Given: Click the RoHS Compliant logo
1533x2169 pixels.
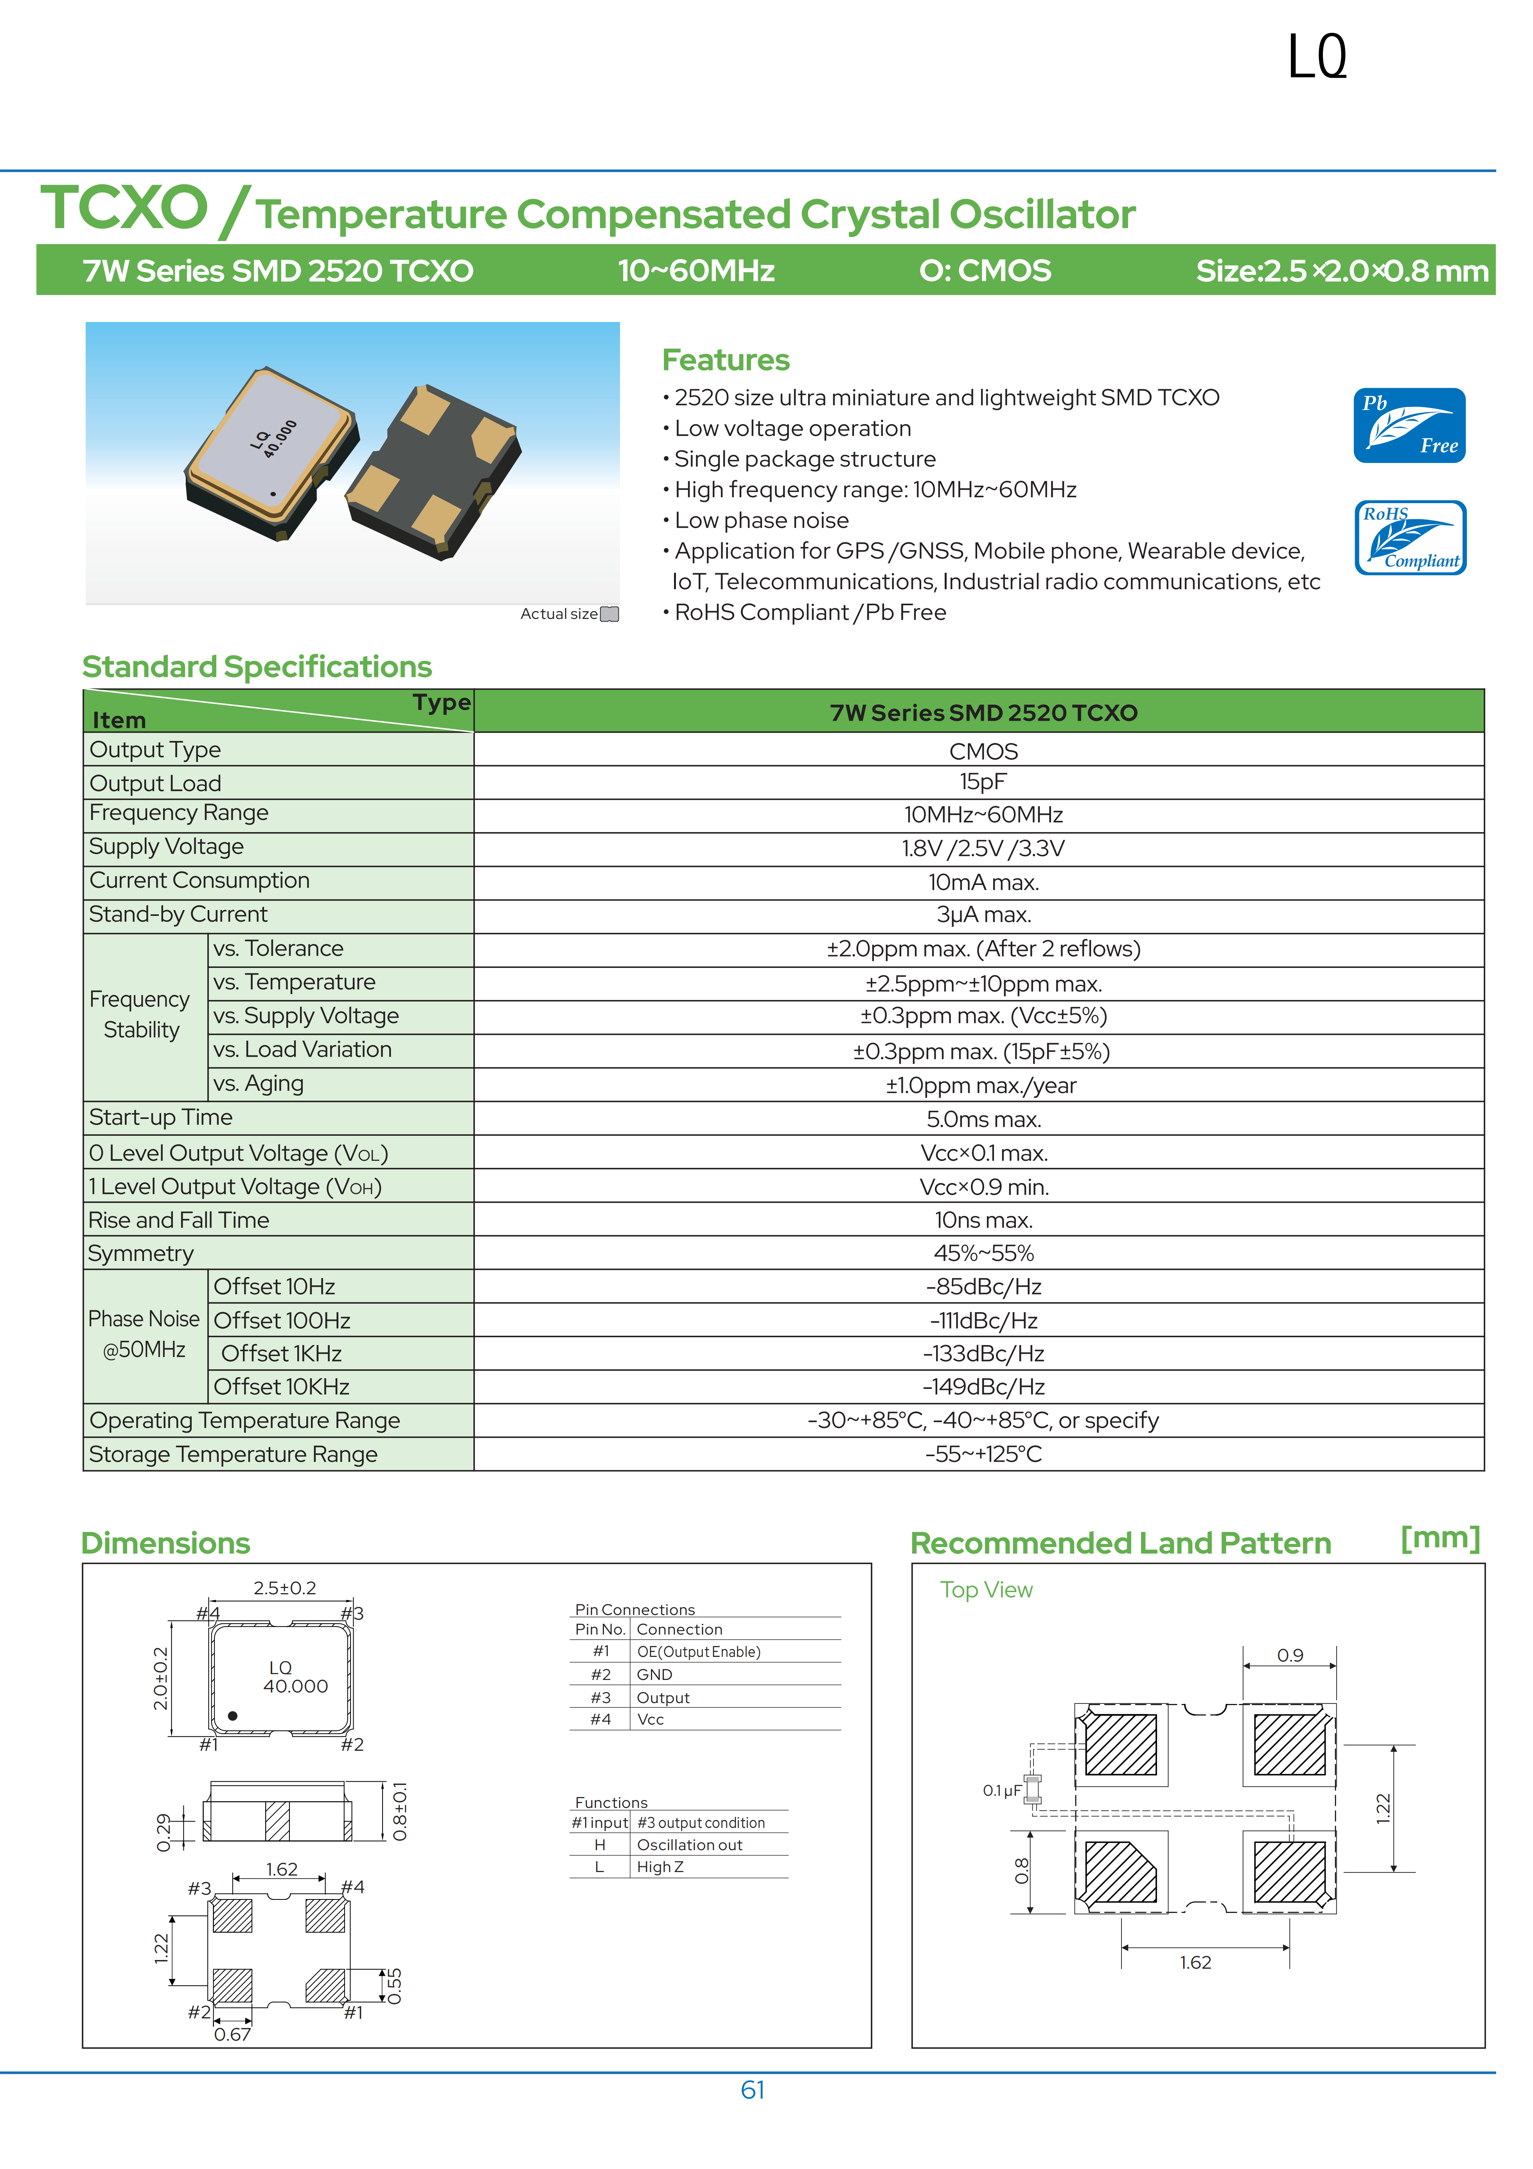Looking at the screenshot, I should point(1409,538).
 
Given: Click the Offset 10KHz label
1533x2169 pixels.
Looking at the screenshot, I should point(282,1387).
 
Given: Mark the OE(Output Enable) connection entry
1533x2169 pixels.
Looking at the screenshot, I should point(698,1651).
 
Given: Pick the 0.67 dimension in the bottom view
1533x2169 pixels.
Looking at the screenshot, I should point(232,2034).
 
